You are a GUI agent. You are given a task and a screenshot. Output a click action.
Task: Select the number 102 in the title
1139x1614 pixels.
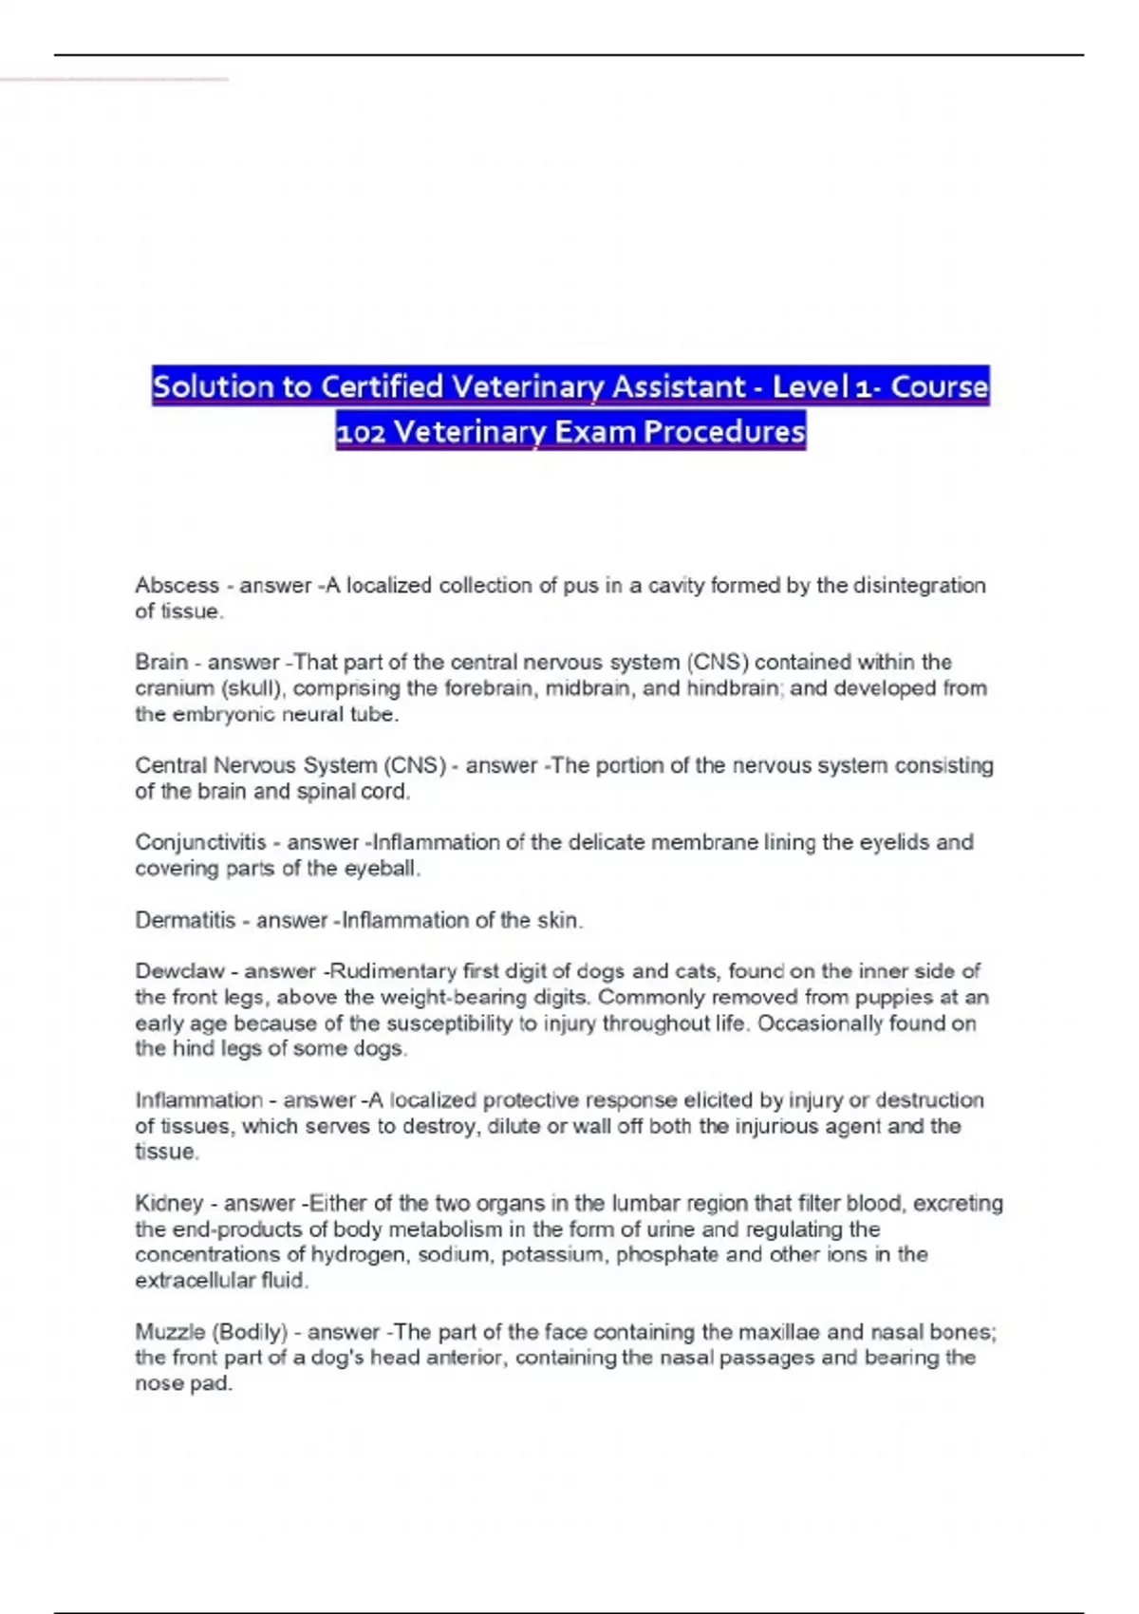[361, 432]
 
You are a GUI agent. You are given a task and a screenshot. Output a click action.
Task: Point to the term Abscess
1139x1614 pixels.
[177, 586]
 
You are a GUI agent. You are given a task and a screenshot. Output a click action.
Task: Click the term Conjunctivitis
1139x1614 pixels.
[200, 842]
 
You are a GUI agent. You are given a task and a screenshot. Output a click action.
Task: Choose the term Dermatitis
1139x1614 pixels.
[185, 920]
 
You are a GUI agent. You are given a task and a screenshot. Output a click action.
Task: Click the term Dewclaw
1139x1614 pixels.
[180, 971]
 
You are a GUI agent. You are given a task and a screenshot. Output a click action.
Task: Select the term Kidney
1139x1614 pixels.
[169, 1204]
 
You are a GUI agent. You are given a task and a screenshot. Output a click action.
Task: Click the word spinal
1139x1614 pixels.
[325, 792]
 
